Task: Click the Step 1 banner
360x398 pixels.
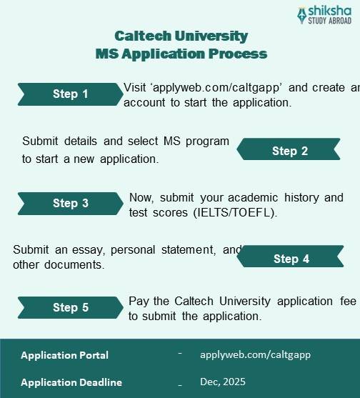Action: click(70, 94)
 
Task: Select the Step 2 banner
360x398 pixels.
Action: click(289, 151)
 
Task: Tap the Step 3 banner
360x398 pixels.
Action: click(70, 204)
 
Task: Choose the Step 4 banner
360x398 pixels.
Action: click(291, 259)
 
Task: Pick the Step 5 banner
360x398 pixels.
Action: click(70, 308)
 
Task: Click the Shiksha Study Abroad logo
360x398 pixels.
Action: click(324, 15)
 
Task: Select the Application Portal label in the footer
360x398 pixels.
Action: click(65, 355)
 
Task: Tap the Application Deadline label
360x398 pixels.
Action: click(71, 382)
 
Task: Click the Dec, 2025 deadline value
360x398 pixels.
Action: click(223, 382)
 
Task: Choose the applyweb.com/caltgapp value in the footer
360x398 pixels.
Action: click(256, 355)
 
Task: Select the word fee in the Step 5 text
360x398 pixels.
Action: click(349, 302)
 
